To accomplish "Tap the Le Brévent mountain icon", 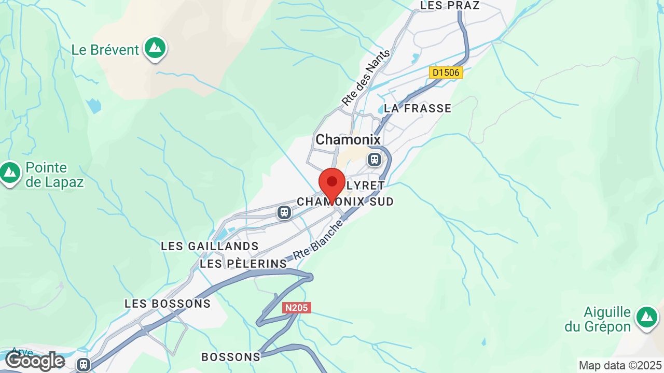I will pos(155,48).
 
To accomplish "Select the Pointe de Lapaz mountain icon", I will pos(10,173).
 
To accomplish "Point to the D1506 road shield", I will pos(446,73).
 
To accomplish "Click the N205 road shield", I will pos(297,308).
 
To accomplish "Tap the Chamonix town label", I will pos(348,139).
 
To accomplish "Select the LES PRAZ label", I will pos(450,6).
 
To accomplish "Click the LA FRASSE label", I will pos(418,108).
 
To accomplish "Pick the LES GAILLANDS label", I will pos(210,246).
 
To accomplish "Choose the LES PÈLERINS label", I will pos(243,264).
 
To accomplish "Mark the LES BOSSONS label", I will pos(168,304).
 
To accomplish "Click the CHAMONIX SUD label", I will pos(345,201).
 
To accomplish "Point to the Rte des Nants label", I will pos(366,78).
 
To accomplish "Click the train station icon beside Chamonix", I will pos(375,159).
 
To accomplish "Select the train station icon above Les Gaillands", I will pos(284,212).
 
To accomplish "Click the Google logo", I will pos(35,361).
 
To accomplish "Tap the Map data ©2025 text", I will pos(620,366).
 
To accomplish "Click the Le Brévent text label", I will pos(105,50).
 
